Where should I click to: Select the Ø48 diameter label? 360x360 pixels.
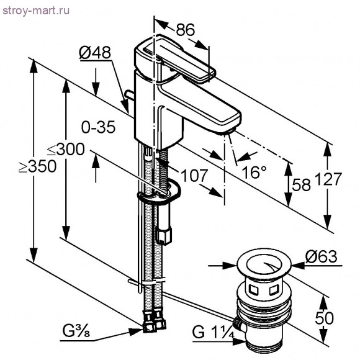(94, 53)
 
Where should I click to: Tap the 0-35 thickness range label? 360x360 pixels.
(98, 127)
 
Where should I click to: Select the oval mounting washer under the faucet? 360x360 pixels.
(160, 192)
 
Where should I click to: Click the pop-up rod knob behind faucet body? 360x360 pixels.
(128, 96)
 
